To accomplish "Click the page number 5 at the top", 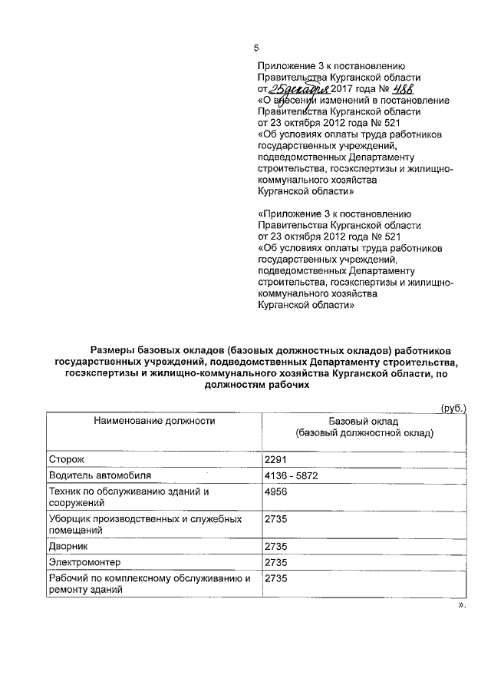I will click(256, 48).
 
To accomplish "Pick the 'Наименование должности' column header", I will click(154, 421).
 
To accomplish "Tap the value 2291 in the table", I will click(275, 459).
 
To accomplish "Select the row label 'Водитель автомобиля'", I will click(95, 475).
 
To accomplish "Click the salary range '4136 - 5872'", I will click(291, 475).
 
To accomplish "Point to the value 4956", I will click(275, 491).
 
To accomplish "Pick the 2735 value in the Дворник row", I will click(275, 547).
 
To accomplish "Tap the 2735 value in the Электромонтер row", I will click(275, 563).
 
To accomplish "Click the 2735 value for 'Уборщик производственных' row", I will click(275, 519).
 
